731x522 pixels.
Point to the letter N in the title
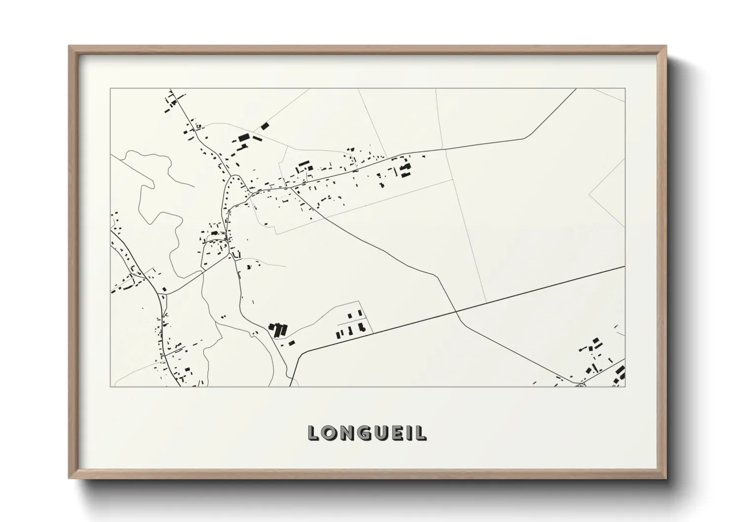click(x=349, y=433)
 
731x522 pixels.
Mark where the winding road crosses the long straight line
click(x=456, y=312)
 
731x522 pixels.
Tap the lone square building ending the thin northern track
click(x=265, y=126)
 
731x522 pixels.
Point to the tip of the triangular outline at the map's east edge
click(x=589, y=194)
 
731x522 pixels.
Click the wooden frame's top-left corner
click(x=70, y=46)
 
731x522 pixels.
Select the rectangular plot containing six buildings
click(x=354, y=322)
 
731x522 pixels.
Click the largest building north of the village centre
click(x=243, y=138)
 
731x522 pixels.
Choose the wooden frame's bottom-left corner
click(x=70, y=478)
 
